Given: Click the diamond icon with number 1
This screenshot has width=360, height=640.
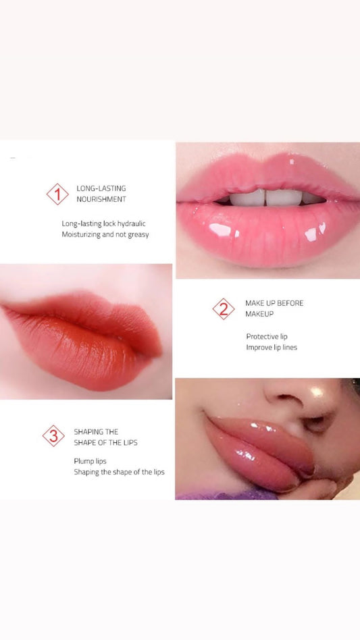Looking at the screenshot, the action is pos(57,194).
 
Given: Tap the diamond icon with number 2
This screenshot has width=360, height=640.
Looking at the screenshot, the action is pos(224,309).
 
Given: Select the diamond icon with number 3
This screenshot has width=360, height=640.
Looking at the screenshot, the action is pos(53,436).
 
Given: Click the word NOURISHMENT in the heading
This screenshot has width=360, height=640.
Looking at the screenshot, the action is pos(101,199).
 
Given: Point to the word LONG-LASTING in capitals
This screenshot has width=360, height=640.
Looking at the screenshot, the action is pos(101,188).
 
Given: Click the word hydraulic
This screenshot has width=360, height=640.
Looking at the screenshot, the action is pos(132,223).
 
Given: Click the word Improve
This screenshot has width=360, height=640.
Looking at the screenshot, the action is pos(257,348).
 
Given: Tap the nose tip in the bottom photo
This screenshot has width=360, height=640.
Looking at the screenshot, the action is pos(317,392).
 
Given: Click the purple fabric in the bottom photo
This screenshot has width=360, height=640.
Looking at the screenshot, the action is pos(226,495).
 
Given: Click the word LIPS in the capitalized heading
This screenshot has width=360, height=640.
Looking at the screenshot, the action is pos(129,442).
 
